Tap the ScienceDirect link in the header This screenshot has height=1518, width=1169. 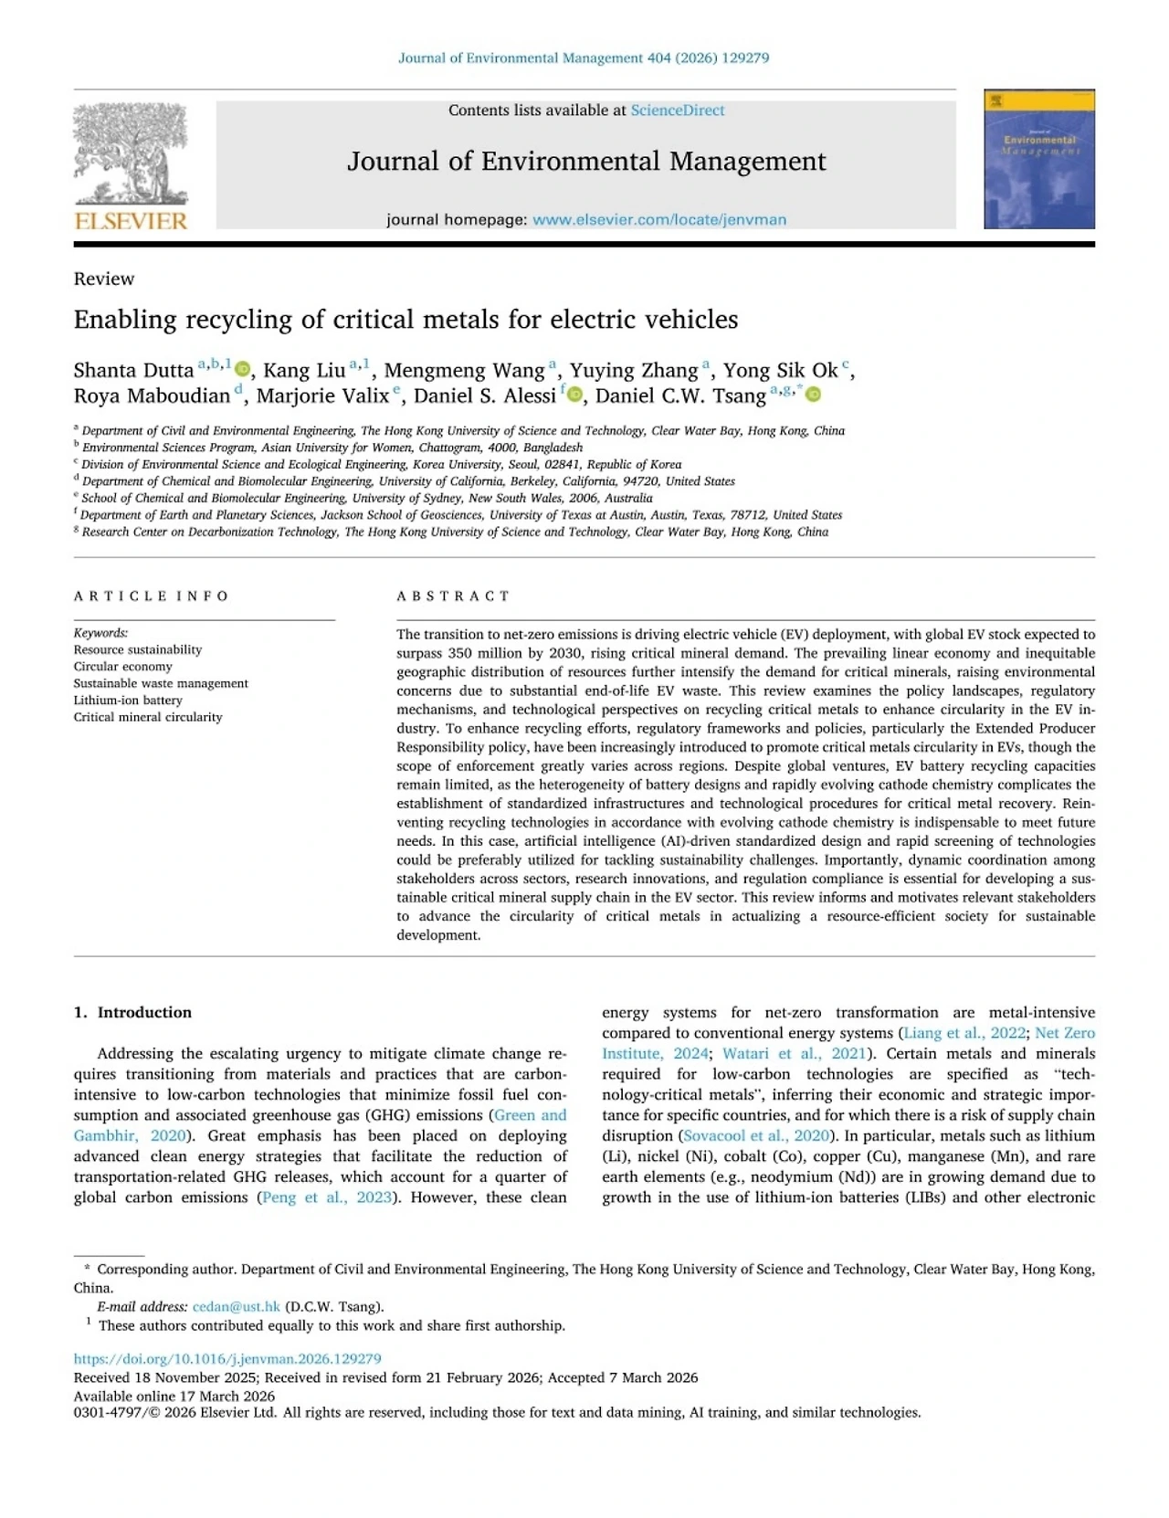(677, 111)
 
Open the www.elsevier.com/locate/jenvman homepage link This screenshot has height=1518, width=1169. (658, 220)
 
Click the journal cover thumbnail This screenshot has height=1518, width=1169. (1038, 159)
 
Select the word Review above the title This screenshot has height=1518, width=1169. (104, 279)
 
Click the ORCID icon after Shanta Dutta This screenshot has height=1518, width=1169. (242, 370)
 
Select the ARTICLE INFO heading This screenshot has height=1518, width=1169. (152, 596)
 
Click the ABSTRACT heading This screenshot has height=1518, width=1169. (453, 596)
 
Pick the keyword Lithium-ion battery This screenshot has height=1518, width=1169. (128, 701)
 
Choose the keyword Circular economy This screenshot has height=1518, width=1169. (122, 667)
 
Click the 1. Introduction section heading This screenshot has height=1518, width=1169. (132, 1012)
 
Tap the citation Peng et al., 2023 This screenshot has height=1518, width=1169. (326, 1197)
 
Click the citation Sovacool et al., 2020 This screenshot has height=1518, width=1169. (755, 1136)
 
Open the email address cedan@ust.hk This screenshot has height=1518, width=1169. (236, 1307)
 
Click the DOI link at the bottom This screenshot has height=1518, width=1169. (227, 1359)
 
